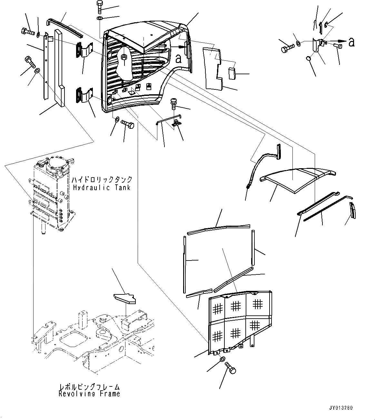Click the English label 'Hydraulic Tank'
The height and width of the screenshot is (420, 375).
click(x=102, y=188)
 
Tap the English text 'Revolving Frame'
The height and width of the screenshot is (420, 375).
click(x=89, y=394)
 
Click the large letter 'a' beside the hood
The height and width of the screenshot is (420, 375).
click(x=178, y=58)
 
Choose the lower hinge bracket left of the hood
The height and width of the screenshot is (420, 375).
click(x=83, y=97)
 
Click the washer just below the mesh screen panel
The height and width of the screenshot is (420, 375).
click(x=222, y=359)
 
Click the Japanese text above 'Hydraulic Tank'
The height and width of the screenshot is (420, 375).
click(x=102, y=179)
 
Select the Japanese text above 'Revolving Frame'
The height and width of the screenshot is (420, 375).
click(x=89, y=386)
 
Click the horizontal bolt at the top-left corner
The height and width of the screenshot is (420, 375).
click(x=27, y=32)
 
